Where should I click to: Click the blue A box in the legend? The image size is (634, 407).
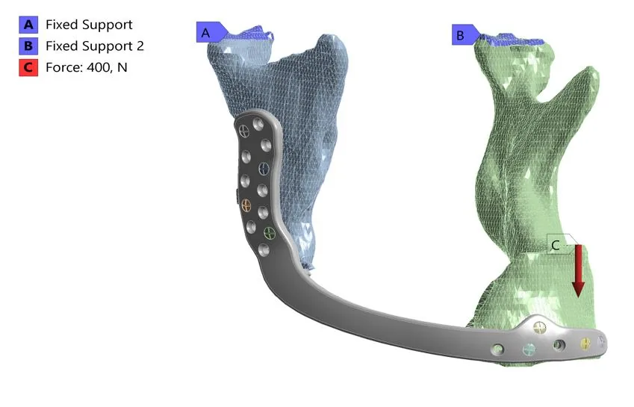tap(28, 25)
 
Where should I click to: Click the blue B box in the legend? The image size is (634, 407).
tap(28, 46)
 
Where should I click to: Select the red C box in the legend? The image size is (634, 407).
tap(28, 67)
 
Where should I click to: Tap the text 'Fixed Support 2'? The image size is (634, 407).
tap(95, 46)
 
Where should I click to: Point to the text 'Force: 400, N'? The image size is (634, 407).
tap(87, 67)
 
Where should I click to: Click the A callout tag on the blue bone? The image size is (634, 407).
tap(211, 32)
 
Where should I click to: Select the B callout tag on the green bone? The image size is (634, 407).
tap(465, 35)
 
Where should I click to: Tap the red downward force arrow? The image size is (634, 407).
tap(578, 271)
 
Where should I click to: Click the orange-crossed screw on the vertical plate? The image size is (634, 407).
tap(246, 205)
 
